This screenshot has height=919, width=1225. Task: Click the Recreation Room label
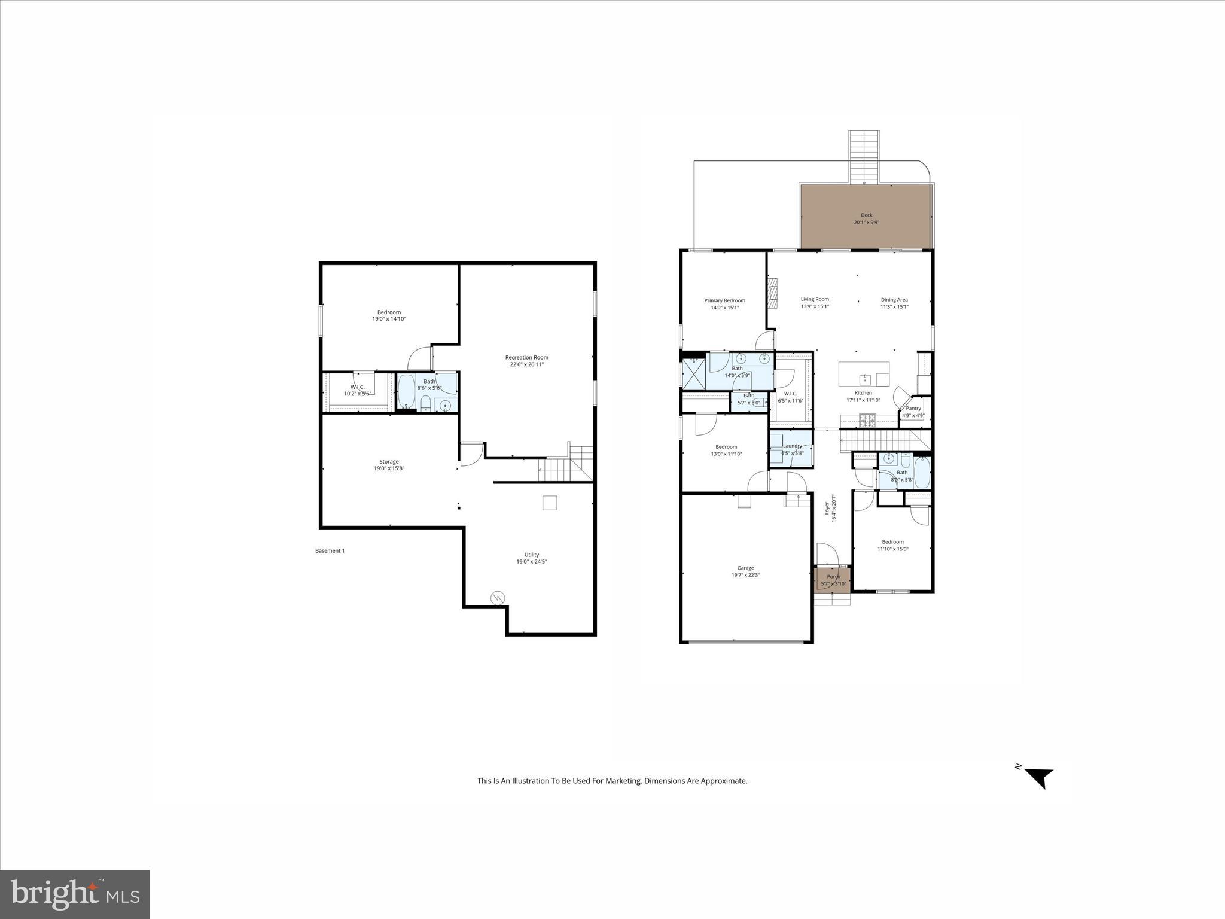(526, 357)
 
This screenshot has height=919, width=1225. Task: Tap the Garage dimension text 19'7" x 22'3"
(745, 575)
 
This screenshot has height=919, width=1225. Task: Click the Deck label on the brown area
(866, 215)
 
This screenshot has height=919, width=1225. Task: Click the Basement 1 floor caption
(330, 550)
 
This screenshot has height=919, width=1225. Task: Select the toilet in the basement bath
(425, 405)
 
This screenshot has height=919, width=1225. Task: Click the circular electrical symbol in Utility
(498, 597)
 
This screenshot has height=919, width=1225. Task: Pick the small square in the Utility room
(550, 503)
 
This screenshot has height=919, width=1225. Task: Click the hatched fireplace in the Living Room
(773, 293)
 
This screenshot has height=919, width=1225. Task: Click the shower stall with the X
(694, 375)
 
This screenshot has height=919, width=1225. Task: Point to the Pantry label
(913, 408)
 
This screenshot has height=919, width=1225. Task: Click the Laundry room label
(792, 446)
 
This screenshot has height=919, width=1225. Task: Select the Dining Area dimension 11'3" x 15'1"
(894, 307)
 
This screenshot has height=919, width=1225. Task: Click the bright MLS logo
(75, 894)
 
